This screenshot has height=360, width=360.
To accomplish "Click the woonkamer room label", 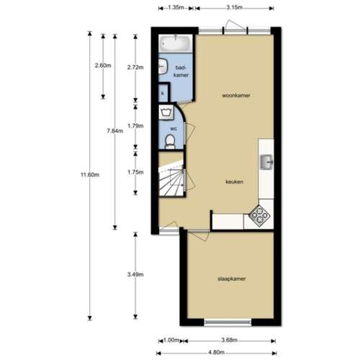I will click(235, 94).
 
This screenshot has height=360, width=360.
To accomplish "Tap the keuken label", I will click(233, 181).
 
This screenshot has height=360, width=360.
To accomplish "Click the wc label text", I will click(173, 129).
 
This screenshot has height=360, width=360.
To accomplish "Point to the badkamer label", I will click(181, 71).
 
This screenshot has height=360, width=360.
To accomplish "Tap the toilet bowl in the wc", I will click(167, 141).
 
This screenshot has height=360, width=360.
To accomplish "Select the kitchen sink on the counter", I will click(266, 161).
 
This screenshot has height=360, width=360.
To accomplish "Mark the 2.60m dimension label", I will click(102, 65).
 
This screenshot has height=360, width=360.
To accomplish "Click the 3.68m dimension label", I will click(230, 341).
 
